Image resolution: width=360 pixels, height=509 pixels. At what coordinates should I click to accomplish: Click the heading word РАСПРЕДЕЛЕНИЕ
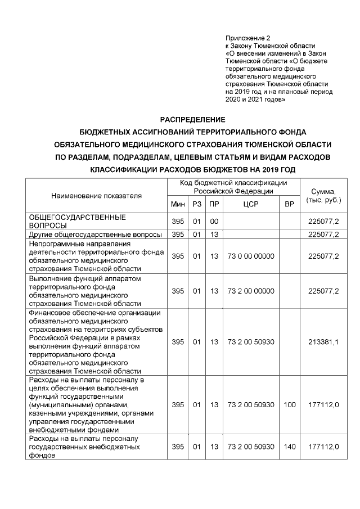coord(192,120)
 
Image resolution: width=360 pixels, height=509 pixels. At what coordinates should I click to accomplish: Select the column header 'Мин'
coord(178,204)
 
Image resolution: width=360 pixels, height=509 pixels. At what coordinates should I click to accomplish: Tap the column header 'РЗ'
coord(196,204)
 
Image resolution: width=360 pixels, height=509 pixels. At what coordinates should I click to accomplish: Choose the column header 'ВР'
coord(290,204)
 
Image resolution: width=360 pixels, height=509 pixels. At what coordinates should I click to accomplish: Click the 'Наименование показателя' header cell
coord(96,196)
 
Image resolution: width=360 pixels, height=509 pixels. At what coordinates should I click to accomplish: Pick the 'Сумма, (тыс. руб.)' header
coord(323,196)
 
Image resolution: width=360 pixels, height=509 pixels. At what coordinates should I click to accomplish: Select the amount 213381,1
coord(323,342)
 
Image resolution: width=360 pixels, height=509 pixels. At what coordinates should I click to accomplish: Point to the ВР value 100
coord(290,404)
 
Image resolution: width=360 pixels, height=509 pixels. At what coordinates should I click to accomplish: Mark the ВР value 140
coord(290,447)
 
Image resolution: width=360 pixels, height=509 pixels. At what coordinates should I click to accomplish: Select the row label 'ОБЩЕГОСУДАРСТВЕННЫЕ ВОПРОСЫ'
coord(77,221)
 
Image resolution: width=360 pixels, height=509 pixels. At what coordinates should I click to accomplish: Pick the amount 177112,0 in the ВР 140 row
coord(323,447)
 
